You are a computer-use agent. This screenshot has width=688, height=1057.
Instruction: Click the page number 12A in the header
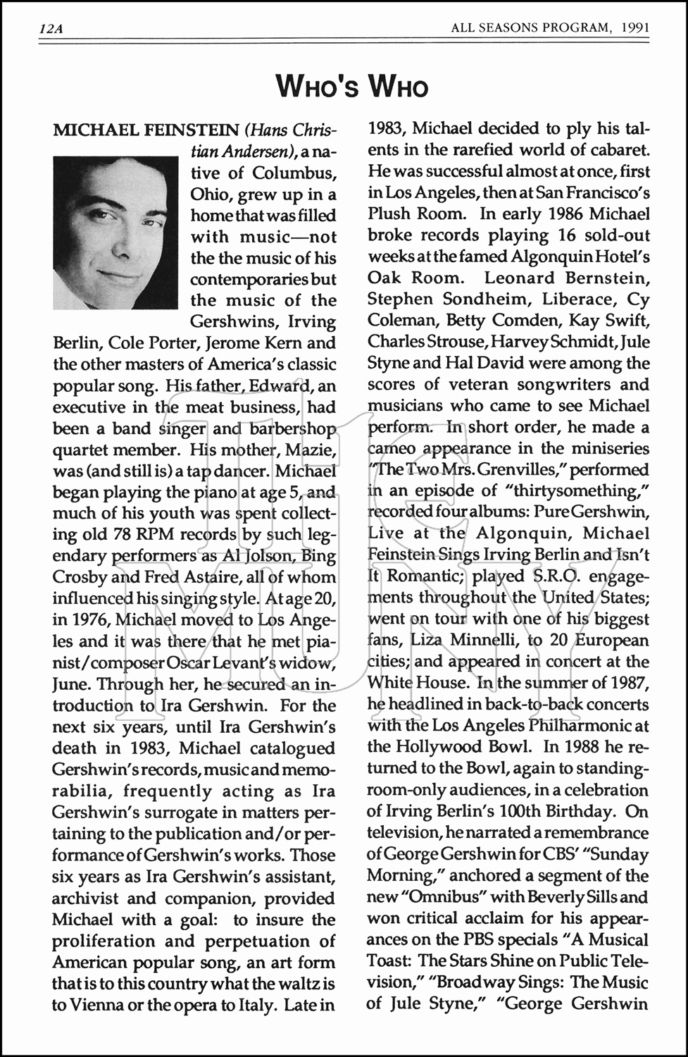point(51,29)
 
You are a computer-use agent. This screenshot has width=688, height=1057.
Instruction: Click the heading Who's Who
point(351,87)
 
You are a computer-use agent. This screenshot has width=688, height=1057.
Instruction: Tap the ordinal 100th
point(519,811)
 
